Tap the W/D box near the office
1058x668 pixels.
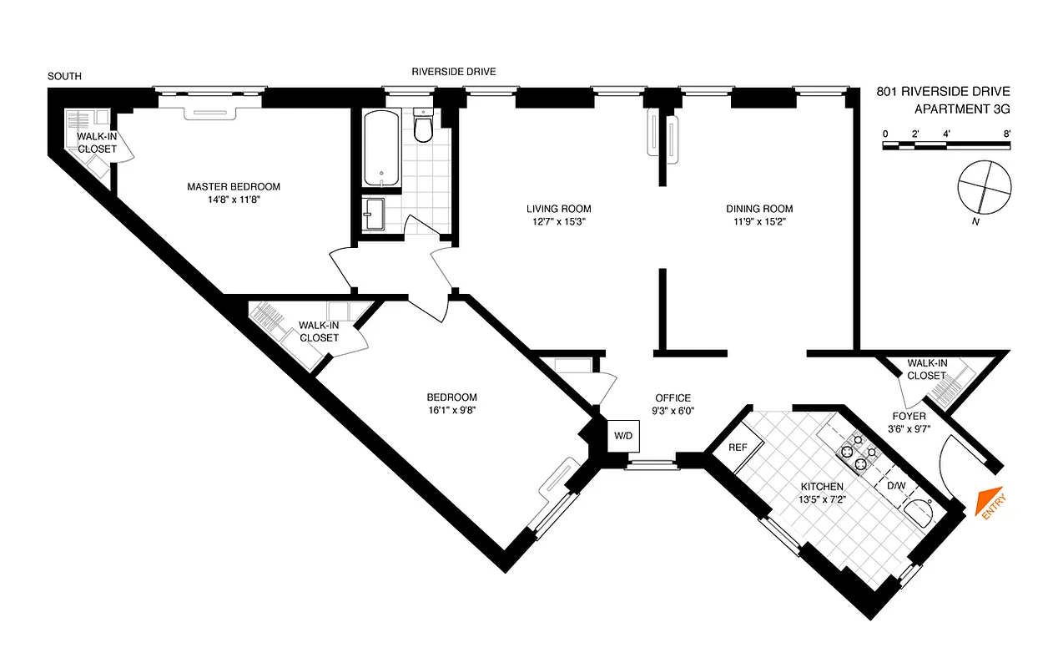pos(622,436)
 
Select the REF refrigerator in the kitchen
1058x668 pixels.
pos(738,447)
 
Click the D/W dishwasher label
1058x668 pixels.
pos(895,485)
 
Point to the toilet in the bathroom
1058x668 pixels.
pos(423,127)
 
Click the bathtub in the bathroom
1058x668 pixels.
pos(381,148)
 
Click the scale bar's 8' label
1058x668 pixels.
pos(1007,134)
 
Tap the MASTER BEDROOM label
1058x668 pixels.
pos(234,186)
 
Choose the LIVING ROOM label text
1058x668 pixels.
pos(558,209)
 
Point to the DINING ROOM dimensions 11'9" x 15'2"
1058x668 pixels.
pos(758,222)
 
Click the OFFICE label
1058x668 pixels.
pos(673,397)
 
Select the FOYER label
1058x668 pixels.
pos(909,416)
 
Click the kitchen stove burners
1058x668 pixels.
pos(860,452)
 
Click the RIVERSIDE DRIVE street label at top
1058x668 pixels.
pos(453,72)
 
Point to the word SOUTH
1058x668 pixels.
pos(64,76)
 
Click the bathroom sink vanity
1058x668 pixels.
pos(375,213)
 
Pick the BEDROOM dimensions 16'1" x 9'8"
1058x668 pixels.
pos(451,410)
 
